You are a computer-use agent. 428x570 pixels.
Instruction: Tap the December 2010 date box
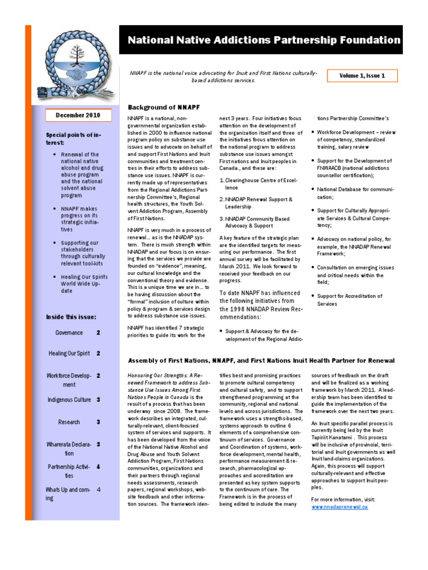(78, 115)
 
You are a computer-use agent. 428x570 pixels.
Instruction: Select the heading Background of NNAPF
(164, 107)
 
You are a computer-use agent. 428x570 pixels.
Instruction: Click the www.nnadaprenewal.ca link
(339, 507)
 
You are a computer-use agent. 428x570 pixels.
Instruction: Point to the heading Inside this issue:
(71, 317)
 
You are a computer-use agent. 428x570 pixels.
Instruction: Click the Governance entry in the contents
(69, 333)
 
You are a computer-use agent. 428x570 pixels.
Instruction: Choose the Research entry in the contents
(69, 422)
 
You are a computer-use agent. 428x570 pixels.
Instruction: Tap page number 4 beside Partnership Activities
(98, 466)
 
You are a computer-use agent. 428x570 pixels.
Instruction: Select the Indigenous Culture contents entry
(66, 400)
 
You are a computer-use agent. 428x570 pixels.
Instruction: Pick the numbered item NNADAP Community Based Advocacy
(257, 222)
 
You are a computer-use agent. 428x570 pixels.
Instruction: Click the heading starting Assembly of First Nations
(261, 360)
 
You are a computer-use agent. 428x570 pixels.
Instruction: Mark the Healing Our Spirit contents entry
(69, 353)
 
